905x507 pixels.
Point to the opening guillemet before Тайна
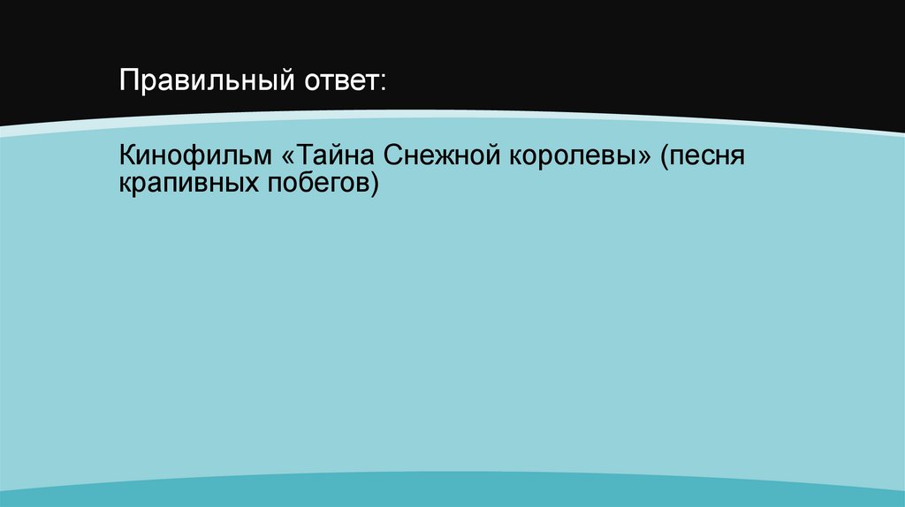coord(289,159)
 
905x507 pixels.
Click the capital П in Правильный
coord(128,84)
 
